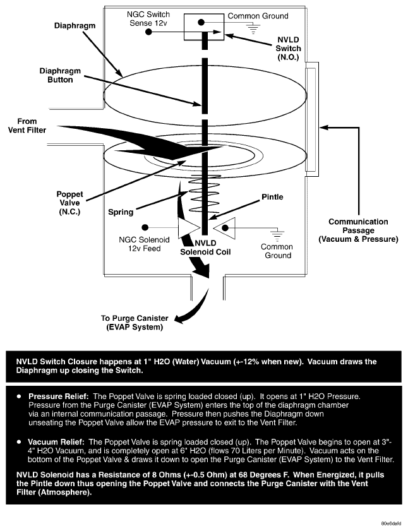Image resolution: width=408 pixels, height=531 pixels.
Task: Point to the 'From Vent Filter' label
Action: click(x=28, y=125)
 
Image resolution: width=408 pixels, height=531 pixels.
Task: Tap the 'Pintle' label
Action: click(x=272, y=197)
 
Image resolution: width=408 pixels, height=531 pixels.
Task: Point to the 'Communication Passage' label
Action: click(x=358, y=230)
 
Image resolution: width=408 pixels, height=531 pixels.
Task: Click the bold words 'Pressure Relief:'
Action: click(x=57, y=395)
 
